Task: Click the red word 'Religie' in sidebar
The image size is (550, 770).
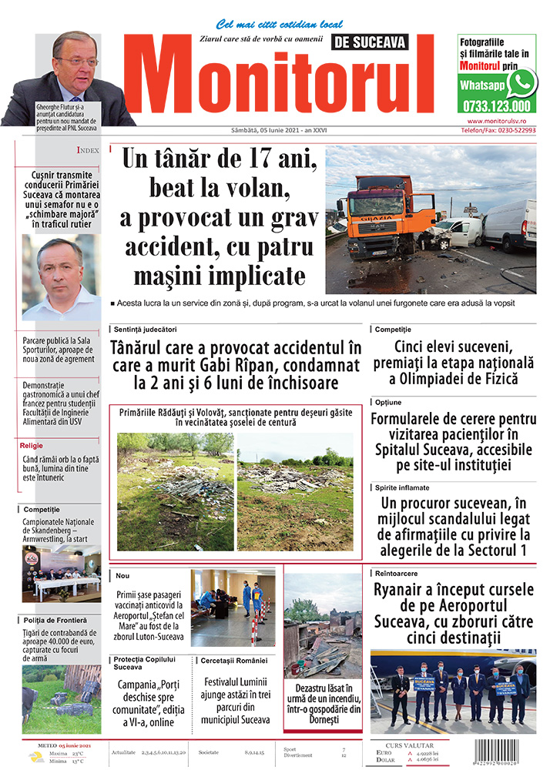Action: point(32,445)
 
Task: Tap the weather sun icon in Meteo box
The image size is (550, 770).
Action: point(35,756)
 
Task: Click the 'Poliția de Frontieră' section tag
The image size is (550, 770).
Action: point(55,620)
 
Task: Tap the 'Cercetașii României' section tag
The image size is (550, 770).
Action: point(233,661)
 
